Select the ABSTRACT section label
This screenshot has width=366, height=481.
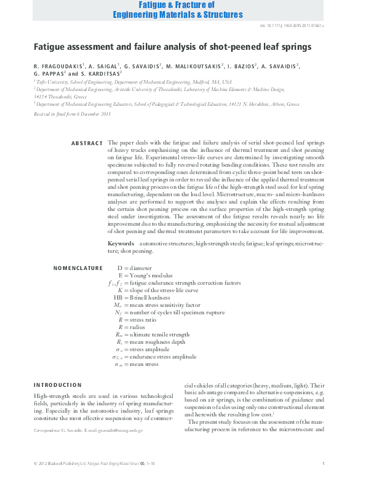[87, 143]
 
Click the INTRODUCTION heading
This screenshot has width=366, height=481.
[57, 384]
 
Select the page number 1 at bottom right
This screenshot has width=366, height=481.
[323, 463]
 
